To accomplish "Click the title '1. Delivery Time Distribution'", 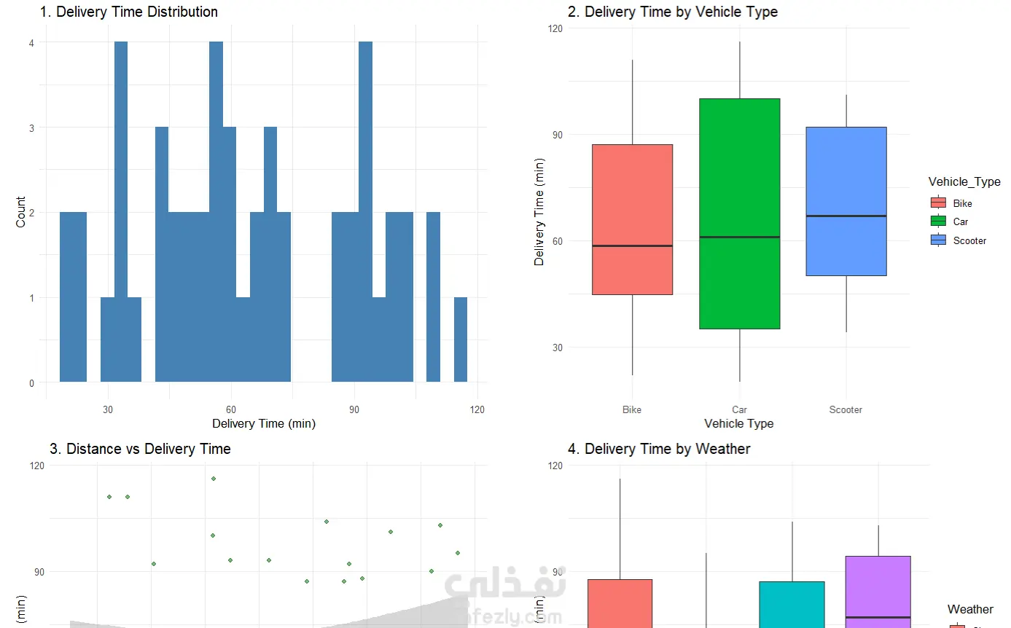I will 128,12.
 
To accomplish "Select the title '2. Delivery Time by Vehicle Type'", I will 673,12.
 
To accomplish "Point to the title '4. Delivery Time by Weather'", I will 659,449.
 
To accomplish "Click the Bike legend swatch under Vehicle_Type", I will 938,203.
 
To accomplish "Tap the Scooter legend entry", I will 969,240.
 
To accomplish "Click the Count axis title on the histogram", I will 20,212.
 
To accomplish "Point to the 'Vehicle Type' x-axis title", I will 738,423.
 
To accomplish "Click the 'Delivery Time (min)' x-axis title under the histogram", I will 263,423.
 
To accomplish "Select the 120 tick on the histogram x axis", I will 477,409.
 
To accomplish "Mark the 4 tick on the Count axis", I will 31,42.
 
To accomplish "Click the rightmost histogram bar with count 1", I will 461,339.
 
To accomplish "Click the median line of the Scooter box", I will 846,216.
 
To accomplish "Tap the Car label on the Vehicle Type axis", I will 739,409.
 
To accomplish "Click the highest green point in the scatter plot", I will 213,479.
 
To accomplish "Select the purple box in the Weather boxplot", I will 878,590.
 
